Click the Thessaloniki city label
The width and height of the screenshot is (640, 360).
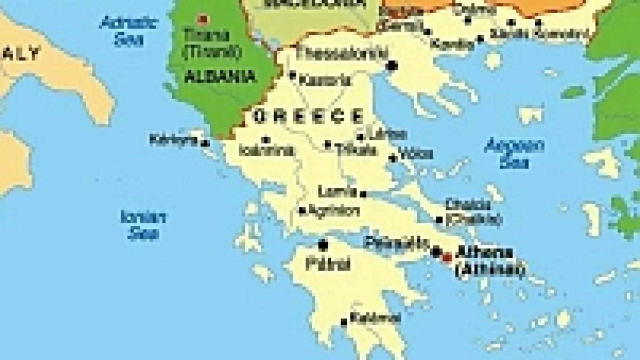[335, 53]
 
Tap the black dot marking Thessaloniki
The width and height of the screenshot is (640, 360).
[393, 66]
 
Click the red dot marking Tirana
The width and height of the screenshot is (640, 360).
[202, 20]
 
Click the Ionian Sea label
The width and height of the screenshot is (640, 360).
[143, 225]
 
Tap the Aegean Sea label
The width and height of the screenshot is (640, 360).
[514, 153]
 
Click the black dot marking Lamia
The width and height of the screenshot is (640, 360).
[363, 194]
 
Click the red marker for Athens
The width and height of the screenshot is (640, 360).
[447, 257]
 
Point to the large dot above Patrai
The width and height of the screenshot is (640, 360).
[323, 245]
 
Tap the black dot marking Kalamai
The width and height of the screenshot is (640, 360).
[344, 322]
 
